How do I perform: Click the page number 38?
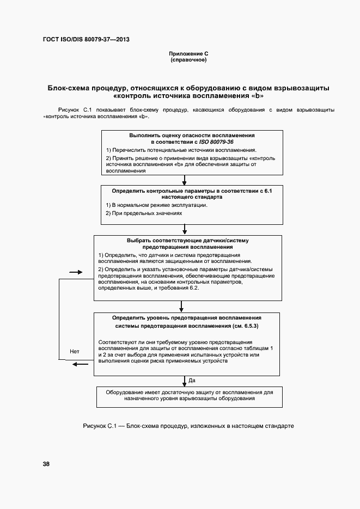46,464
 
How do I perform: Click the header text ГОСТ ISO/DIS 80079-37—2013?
86,40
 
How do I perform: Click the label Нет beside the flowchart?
75,352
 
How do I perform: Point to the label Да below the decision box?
192,380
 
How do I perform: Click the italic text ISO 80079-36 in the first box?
216,142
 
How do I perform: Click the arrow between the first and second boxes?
185,180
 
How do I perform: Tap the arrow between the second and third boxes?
185,229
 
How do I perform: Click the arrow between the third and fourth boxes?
185,306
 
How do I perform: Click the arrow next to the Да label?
185,381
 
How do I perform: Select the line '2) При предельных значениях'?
144,213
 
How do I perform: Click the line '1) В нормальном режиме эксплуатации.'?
156,205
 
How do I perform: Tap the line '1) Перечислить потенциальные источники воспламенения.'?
181,150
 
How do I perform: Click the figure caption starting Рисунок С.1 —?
188,426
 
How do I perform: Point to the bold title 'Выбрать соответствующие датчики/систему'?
188,240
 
